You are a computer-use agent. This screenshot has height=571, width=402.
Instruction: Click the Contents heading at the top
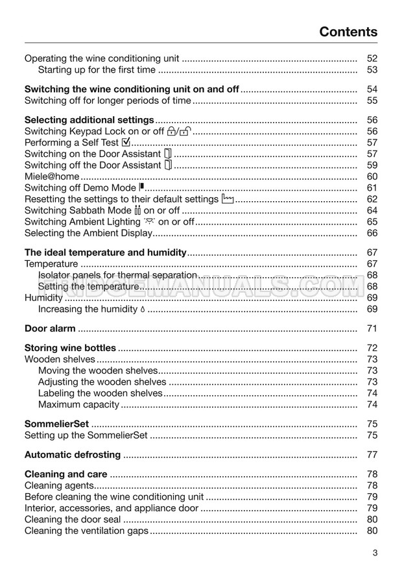(348, 32)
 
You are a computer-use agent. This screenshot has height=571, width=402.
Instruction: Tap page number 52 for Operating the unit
(372, 58)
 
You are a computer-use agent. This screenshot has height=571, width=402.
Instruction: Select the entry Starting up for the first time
(97, 69)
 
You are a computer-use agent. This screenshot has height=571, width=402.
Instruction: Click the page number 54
(372, 89)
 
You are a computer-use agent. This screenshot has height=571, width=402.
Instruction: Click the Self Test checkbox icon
(126, 142)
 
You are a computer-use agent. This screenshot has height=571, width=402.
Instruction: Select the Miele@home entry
(52, 176)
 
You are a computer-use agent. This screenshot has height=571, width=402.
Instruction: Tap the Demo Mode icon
(141, 188)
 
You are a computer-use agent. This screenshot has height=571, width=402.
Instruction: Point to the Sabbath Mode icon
(137, 210)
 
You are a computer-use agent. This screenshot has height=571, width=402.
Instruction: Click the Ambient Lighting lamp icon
(149, 221)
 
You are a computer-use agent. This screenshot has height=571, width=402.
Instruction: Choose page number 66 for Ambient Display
(372, 233)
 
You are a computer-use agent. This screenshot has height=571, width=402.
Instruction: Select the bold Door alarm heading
(50, 328)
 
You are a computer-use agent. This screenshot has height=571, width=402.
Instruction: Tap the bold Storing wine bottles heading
(70, 348)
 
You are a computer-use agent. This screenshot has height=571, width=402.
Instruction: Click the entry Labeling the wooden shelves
(100, 393)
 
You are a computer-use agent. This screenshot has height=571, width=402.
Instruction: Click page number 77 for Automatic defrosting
(372, 454)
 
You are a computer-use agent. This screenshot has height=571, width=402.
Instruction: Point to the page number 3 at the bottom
(375, 553)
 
